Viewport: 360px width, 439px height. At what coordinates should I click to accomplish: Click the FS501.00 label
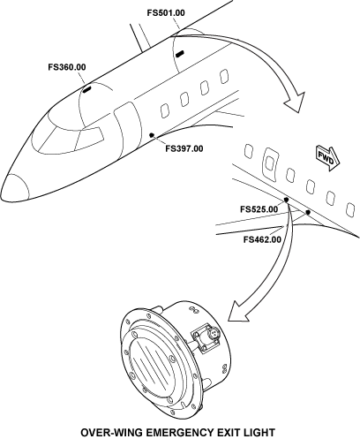pyautogui.click(x=166, y=13)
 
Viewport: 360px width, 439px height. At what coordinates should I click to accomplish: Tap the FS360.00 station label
pyautogui.click(x=67, y=67)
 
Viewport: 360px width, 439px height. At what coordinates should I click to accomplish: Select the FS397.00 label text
pyautogui.click(x=184, y=148)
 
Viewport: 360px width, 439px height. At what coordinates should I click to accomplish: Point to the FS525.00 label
pyautogui.click(x=259, y=209)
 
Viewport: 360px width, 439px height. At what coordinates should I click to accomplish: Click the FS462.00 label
pyautogui.click(x=262, y=239)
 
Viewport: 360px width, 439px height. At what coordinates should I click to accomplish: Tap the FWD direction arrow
pyautogui.click(x=328, y=158)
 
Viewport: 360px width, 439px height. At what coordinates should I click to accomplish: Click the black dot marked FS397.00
pyautogui.click(x=152, y=135)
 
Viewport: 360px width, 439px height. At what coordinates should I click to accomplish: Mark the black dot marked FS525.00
pyautogui.click(x=286, y=201)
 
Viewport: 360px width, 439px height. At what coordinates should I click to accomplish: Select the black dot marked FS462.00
pyautogui.click(x=308, y=212)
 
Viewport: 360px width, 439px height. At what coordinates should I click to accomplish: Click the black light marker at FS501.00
pyautogui.click(x=180, y=54)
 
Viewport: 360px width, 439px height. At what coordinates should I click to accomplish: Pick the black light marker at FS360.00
pyautogui.click(x=86, y=89)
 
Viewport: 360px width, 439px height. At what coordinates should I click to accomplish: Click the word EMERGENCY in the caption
pyautogui.click(x=180, y=433)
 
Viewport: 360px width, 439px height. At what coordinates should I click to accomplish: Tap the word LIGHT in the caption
pyautogui.click(x=259, y=433)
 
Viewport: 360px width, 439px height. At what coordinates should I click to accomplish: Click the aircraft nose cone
pyautogui.click(x=14, y=187)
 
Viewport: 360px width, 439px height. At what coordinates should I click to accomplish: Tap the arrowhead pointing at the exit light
pyautogui.click(x=238, y=312)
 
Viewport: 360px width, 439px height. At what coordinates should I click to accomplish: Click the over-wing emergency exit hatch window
pyautogui.click(x=269, y=163)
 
